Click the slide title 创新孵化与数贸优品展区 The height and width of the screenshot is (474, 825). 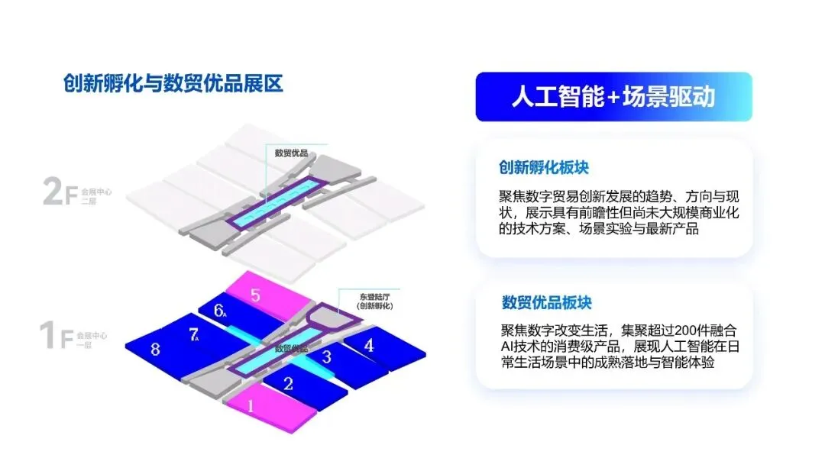173,83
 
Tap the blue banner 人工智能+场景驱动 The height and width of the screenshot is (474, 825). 613,97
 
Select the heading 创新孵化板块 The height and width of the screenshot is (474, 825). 544,168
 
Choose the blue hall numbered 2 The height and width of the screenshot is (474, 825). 289,383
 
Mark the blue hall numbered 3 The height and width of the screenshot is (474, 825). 327,356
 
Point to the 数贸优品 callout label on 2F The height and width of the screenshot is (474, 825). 291,153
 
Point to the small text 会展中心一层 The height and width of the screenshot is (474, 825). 91,338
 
